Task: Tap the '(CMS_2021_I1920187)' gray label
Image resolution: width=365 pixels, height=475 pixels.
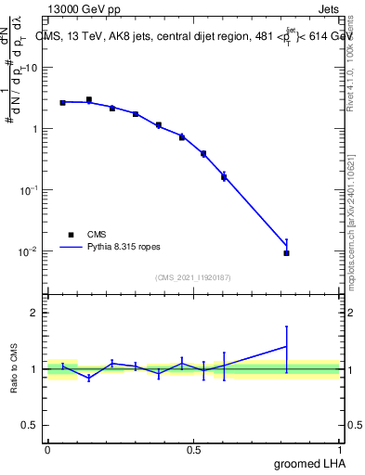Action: click(x=192, y=276)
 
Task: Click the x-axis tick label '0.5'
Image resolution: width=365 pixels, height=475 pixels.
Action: click(x=193, y=449)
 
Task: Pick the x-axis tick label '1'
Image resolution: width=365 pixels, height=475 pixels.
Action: click(x=340, y=449)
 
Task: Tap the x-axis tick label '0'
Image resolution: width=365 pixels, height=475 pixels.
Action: click(x=46, y=449)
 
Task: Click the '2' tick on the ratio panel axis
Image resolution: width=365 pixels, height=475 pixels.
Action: click(x=35, y=312)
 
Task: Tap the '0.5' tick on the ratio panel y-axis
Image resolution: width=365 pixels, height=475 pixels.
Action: click(x=31, y=426)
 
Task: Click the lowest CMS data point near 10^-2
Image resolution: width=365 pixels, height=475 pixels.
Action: click(x=286, y=252)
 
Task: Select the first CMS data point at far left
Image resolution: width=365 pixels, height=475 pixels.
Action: click(x=62, y=102)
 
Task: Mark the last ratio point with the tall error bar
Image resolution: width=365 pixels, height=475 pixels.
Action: click(x=286, y=346)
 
